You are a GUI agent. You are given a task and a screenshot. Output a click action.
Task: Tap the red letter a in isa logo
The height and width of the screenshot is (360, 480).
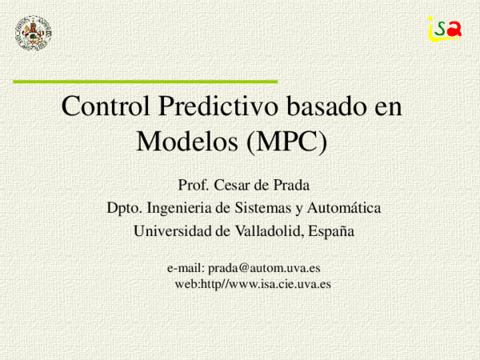point(455,29)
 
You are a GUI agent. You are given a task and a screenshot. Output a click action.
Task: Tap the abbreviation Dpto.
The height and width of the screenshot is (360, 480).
point(124,209)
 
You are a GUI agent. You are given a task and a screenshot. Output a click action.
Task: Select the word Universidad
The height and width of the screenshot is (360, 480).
point(171,231)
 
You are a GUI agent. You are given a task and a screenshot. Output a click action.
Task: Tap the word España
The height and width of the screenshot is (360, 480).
point(330,231)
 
